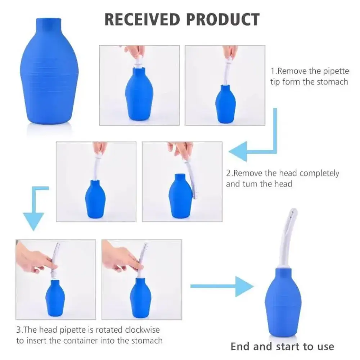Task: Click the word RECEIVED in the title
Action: click(142, 19)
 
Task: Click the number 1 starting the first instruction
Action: click(273, 71)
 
